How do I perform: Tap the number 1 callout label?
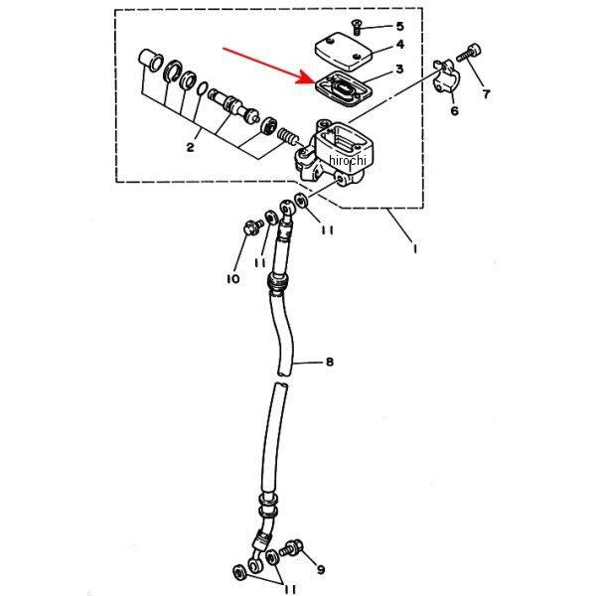pos(414,249)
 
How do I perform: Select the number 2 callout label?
pos(189,147)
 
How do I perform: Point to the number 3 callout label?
pos(398,70)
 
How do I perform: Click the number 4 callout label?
pos(398,45)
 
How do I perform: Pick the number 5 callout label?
pos(398,25)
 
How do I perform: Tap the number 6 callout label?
pos(454,111)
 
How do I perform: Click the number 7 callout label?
pos(486,94)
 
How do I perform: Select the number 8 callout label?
pos(329,362)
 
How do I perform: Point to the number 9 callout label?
pos(319,569)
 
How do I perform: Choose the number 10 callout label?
pos(232,279)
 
